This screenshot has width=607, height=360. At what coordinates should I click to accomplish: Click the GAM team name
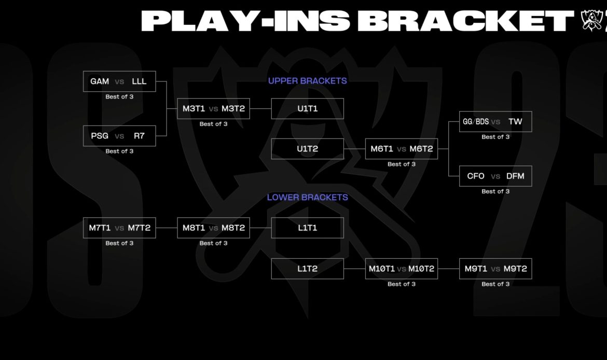click(100, 81)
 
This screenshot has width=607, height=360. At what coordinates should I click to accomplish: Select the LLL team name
click(139, 81)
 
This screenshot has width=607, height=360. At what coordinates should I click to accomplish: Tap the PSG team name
click(100, 136)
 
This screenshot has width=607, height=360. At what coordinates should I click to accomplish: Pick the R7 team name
click(139, 136)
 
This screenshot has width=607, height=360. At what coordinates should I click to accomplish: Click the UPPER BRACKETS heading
click(307, 81)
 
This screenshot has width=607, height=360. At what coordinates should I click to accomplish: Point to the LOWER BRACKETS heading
click(307, 198)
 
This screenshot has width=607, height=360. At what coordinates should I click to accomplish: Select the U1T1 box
click(307, 109)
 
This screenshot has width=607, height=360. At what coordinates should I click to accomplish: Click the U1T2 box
click(307, 149)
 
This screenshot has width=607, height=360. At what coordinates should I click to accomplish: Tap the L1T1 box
click(307, 228)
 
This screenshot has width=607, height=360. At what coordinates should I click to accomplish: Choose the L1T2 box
click(307, 269)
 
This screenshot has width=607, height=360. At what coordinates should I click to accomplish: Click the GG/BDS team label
click(476, 122)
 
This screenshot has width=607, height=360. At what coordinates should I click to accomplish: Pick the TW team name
click(515, 122)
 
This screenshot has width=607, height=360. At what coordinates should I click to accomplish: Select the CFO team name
click(476, 176)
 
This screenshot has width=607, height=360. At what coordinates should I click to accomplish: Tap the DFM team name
click(515, 176)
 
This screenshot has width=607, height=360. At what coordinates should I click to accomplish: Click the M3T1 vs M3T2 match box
click(213, 109)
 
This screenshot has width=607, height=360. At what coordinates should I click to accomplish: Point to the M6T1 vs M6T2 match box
click(401, 149)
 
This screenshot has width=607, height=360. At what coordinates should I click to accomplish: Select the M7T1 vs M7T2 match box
click(119, 228)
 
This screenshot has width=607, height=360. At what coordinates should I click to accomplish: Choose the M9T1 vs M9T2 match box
click(495, 269)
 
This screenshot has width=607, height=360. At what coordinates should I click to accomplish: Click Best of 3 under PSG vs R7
click(119, 151)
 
